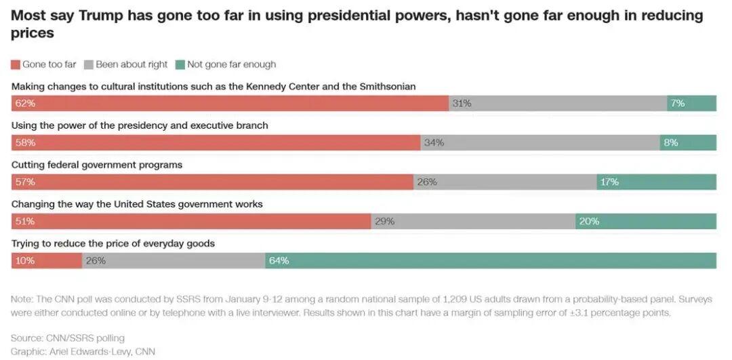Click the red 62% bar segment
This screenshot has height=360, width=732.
(230, 104)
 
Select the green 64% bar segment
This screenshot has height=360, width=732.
(491, 261)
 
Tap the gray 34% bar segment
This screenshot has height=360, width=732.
(540, 143)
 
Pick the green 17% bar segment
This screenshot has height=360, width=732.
(656, 182)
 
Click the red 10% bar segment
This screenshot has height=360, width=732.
(47, 261)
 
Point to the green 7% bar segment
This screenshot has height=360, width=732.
(691, 104)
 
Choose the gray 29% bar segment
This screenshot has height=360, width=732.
(473, 222)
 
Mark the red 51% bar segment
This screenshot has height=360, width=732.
(191, 222)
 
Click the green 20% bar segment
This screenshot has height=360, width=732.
(645, 222)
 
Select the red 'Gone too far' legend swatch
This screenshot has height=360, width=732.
(16, 65)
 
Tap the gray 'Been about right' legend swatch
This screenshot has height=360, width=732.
(89, 65)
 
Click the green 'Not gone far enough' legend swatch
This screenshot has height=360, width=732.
(180, 65)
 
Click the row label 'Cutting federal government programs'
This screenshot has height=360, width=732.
(97, 165)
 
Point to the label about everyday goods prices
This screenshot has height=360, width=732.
(113, 243)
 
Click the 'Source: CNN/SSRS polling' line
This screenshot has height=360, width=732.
(68, 338)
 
